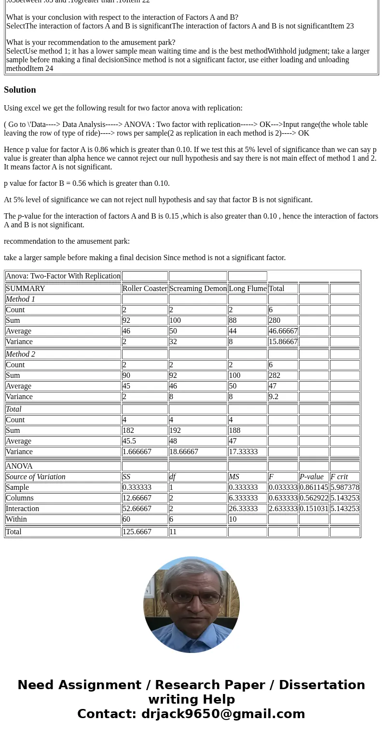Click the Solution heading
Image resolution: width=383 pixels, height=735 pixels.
coord(20,90)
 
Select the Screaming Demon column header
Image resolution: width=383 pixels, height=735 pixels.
coord(198,289)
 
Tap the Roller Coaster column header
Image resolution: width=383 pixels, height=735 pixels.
coord(145,289)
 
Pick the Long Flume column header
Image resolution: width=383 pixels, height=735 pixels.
coord(247,289)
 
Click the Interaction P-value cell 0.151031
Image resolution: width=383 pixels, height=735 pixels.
coord(314,509)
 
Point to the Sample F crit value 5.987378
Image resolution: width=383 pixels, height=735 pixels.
coord(344,487)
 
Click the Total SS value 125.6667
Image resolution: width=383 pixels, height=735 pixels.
coord(137,532)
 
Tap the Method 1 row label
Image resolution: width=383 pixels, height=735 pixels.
coord(20,299)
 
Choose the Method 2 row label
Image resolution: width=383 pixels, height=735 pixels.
coord(20,354)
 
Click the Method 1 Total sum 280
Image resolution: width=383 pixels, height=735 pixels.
coord(274,320)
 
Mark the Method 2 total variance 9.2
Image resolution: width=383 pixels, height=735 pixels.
coord(274,397)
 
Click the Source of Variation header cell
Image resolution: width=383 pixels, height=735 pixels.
coord(36,477)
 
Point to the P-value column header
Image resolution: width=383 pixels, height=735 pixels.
coord(312,477)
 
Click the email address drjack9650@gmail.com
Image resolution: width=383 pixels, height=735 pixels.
coord(223,714)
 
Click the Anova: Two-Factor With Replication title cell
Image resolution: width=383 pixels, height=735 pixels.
coord(63,276)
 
